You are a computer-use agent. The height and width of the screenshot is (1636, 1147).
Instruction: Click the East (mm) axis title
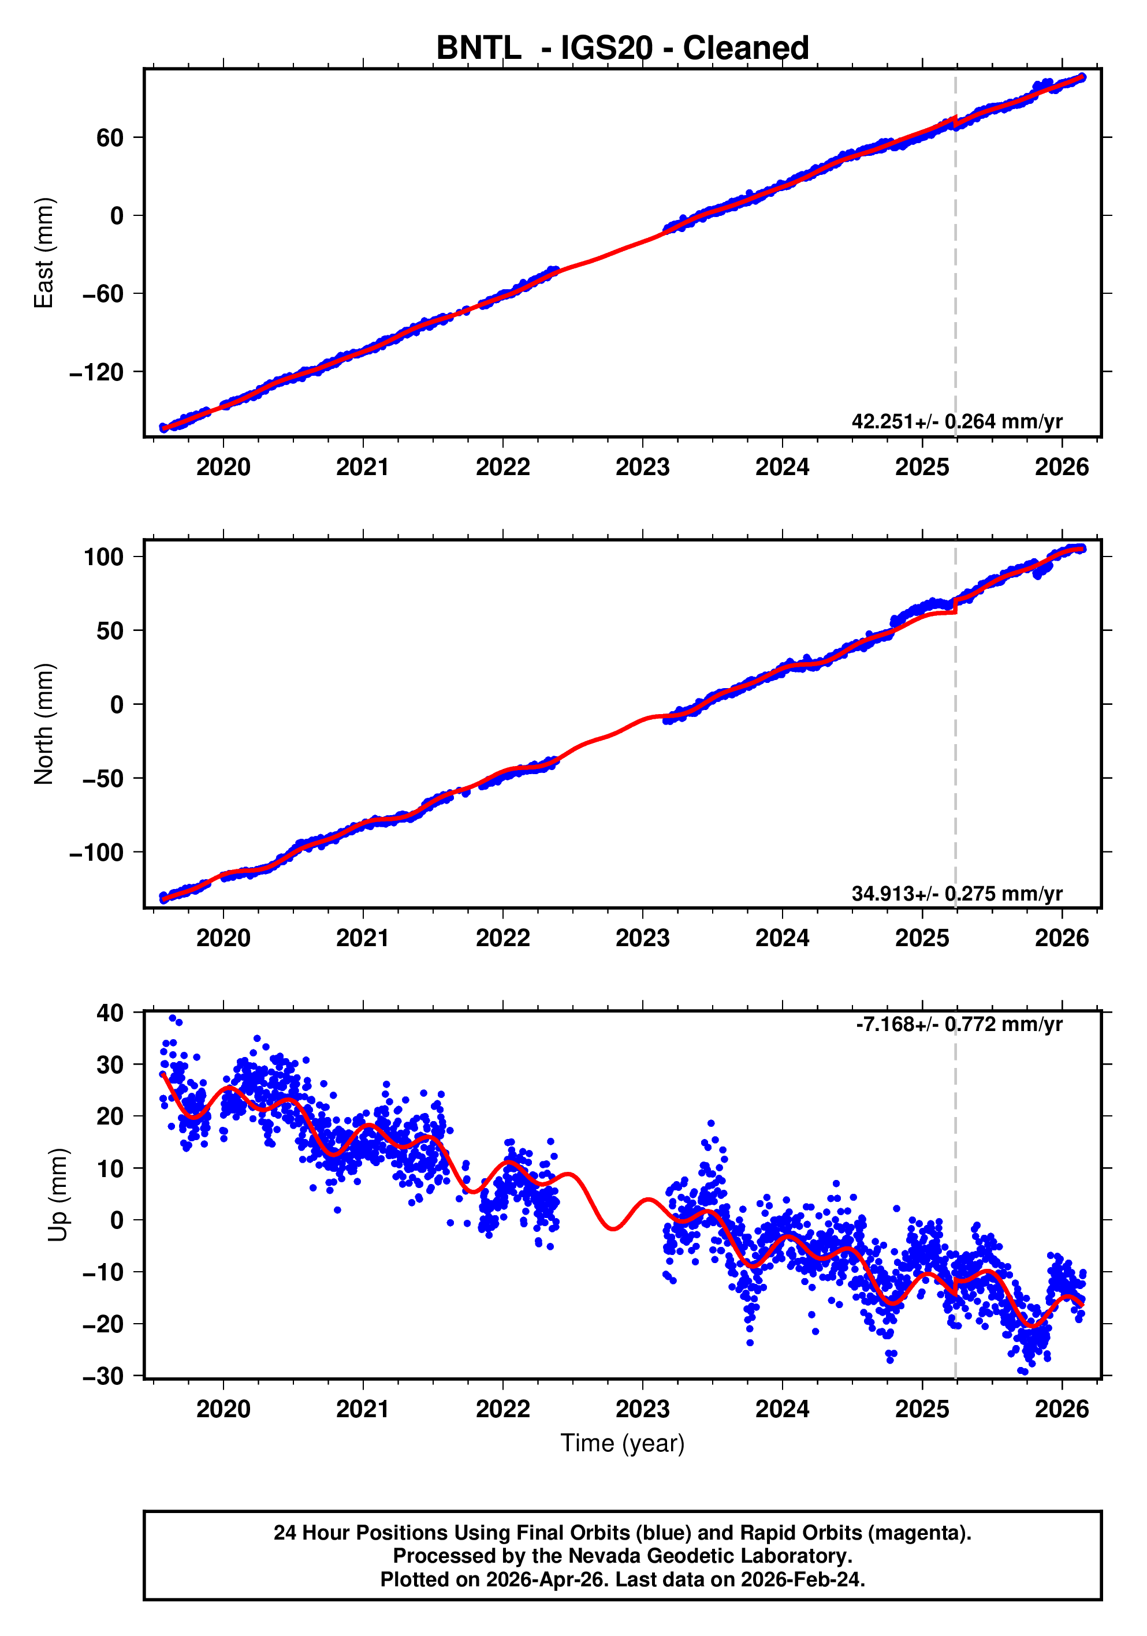(x=44, y=253)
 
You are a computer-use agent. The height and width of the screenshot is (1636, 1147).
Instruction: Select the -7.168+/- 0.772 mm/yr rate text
(x=958, y=1024)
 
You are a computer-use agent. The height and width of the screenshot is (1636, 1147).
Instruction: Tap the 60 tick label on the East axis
(x=110, y=137)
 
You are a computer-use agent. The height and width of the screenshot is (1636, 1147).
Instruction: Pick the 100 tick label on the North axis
(x=104, y=556)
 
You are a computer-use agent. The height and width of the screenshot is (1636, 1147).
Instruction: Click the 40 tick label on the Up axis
(x=110, y=1013)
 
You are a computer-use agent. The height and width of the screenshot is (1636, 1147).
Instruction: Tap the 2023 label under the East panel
(x=642, y=468)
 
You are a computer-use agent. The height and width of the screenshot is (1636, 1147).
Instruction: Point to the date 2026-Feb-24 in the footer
(x=800, y=1579)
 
